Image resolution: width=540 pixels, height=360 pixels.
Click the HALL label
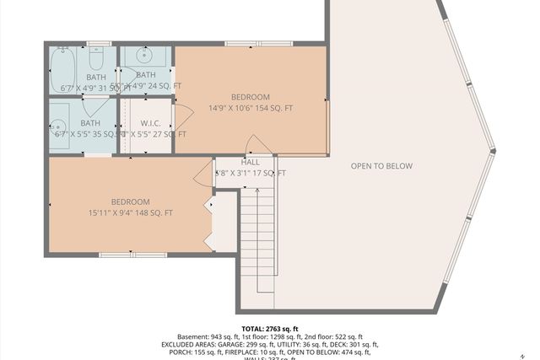click(x=251, y=162)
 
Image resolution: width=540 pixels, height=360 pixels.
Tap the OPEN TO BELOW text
click(x=381, y=166)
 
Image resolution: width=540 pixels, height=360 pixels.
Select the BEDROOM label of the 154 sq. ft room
click(x=251, y=97)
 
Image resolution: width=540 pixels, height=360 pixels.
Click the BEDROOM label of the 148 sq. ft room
click(x=131, y=201)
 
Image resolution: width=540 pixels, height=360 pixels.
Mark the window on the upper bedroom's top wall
click(x=252, y=43)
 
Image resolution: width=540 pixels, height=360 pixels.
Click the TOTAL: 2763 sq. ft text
click(x=270, y=329)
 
